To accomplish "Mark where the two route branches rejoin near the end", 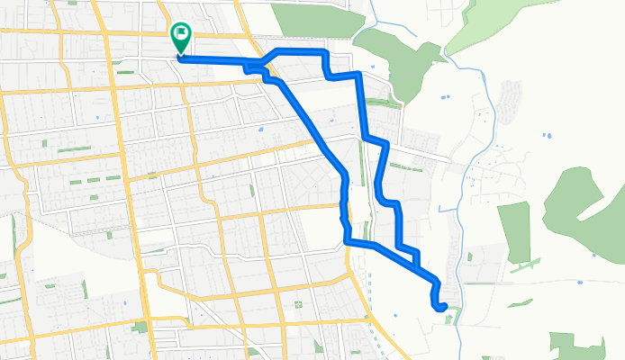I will click(417, 265).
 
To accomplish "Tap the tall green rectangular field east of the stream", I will click(514, 232).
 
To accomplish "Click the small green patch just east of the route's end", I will click(454, 313).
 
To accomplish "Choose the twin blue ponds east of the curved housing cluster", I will click(547, 136).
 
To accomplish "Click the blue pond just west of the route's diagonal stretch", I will click(260, 130).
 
